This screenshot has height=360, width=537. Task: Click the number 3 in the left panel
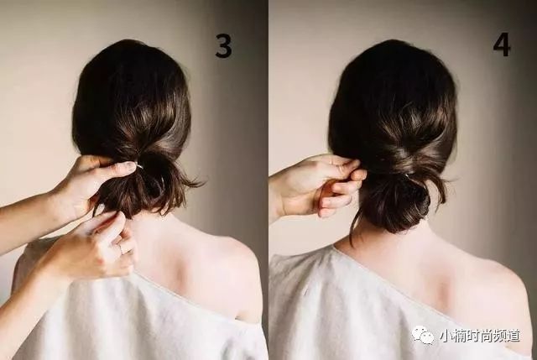223,45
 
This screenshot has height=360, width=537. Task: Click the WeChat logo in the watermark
423,335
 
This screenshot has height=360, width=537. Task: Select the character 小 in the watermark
446,336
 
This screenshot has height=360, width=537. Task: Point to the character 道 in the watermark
513,336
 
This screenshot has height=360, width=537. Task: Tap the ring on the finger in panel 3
120,248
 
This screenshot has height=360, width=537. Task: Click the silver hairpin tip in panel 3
139,166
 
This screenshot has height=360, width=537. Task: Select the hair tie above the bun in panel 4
406,175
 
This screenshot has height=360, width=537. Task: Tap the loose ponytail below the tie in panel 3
143,192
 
